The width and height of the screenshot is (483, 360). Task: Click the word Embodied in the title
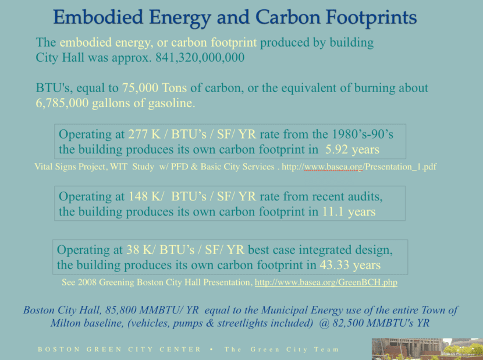tap(98, 17)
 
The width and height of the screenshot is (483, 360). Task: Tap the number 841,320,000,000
tap(200, 58)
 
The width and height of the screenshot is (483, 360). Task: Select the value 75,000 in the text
tap(140, 88)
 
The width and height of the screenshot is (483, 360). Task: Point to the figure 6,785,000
tap(62, 103)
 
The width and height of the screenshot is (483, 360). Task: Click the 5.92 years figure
tap(353, 150)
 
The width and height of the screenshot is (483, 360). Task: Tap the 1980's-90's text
tap(363, 134)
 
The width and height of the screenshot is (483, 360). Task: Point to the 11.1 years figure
tap(349, 212)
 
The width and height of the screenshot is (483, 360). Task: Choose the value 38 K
tap(139, 250)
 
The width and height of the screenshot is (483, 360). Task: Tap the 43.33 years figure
tap(350, 265)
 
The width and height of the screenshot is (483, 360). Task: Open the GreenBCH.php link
tap(326, 283)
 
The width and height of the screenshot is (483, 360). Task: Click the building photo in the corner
tap(427, 349)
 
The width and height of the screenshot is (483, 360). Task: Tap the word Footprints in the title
tap(371, 17)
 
